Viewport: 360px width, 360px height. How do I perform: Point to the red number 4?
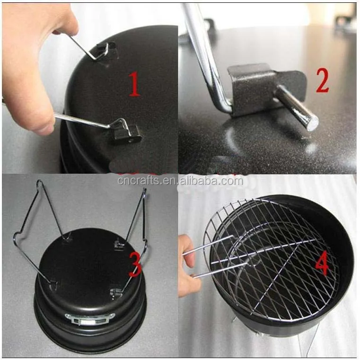pos(322,265)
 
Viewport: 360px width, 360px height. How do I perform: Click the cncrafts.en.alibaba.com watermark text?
pos(180,181)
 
